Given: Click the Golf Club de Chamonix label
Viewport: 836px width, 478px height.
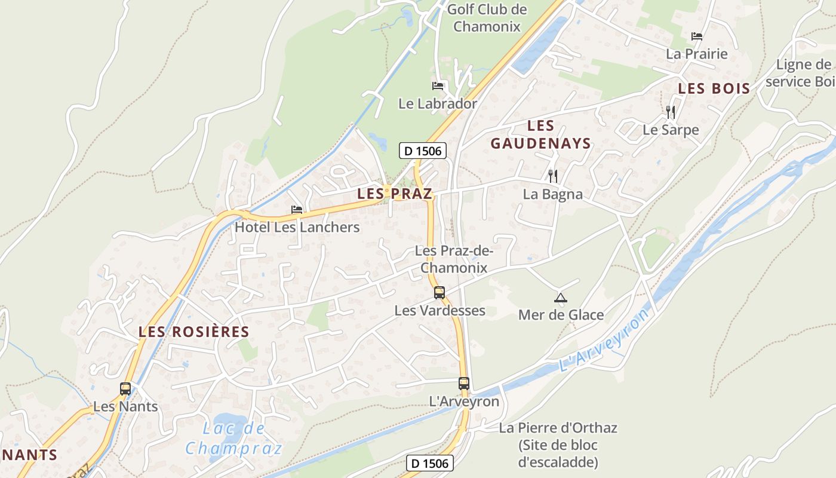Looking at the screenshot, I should click(x=487, y=18).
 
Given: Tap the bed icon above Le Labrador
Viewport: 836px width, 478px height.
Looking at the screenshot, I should click(x=438, y=86).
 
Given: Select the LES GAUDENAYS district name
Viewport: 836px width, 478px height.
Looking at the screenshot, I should click(x=540, y=134).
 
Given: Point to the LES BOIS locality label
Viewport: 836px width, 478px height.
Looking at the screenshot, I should click(x=714, y=89).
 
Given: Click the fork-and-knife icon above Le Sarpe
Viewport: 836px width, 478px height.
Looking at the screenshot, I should click(x=671, y=112).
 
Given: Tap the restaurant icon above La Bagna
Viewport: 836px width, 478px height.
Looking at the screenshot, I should click(x=553, y=176).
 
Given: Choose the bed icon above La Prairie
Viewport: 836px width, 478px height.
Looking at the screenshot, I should click(x=696, y=36).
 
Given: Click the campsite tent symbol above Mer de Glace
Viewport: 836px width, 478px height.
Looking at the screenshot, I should click(x=560, y=298).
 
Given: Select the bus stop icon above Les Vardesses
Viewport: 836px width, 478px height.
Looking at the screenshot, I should click(x=439, y=293).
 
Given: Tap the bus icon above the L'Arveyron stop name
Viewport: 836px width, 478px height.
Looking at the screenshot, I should click(x=464, y=384).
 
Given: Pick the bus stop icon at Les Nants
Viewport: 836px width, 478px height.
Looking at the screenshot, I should click(x=125, y=389).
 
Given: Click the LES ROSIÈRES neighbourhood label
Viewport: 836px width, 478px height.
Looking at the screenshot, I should click(x=193, y=332).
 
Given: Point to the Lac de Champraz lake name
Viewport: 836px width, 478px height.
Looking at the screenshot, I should click(x=233, y=439).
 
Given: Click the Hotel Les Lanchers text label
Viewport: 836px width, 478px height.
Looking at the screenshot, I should click(x=297, y=227).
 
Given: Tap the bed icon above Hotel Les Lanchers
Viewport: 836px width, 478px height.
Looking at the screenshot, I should click(x=297, y=210).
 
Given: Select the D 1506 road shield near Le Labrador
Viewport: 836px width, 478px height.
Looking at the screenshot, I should click(x=423, y=151).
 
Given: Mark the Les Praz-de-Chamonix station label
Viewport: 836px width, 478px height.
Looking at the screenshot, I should click(x=454, y=259).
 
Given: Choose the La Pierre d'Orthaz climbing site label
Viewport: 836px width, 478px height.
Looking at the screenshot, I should click(x=558, y=445).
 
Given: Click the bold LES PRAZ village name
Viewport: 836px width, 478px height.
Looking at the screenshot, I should click(x=395, y=194).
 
